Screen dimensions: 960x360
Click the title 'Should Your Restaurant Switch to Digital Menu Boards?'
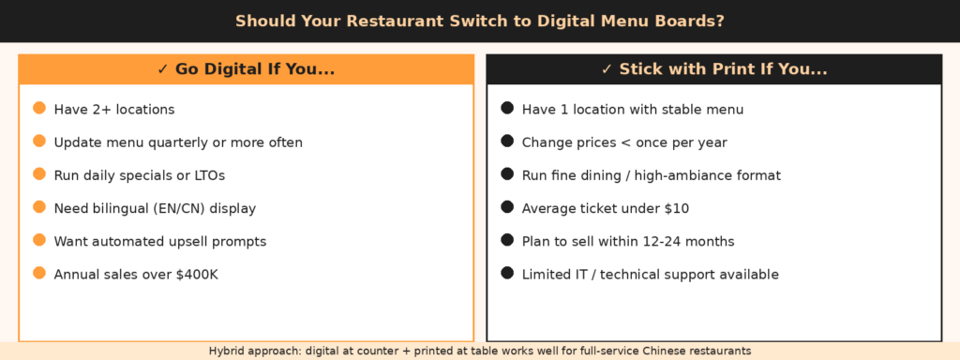pyautogui.click(x=480, y=21)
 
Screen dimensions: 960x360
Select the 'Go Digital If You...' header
pyautogui.click(x=255, y=69)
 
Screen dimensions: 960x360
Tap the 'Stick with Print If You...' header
pyautogui.click(x=723, y=69)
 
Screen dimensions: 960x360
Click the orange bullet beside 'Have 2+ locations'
pyautogui.click(x=39, y=109)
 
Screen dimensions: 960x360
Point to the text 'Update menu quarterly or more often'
pyautogui.click(x=178, y=142)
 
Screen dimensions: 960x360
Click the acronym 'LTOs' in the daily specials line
pyautogui.click(x=209, y=175)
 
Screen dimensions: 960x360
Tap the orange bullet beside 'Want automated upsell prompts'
pyautogui.click(x=39, y=240)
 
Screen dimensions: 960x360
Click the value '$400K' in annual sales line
pyautogui.click(x=197, y=275)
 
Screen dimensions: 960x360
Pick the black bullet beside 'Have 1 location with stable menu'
pyautogui.click(x=507, y=109)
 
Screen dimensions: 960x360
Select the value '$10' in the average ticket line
pyautogui.click(x=677, y=209)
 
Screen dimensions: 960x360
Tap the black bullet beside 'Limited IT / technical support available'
pyautogui.click(x=507, y=273)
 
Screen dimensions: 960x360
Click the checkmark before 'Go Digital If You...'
pyautogui.click(x=162, y=69)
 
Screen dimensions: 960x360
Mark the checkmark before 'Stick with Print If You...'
pyautogui.click(x=607, y=69)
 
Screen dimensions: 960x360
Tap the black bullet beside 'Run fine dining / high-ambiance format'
pyautogui.click(x=507, y=173)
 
